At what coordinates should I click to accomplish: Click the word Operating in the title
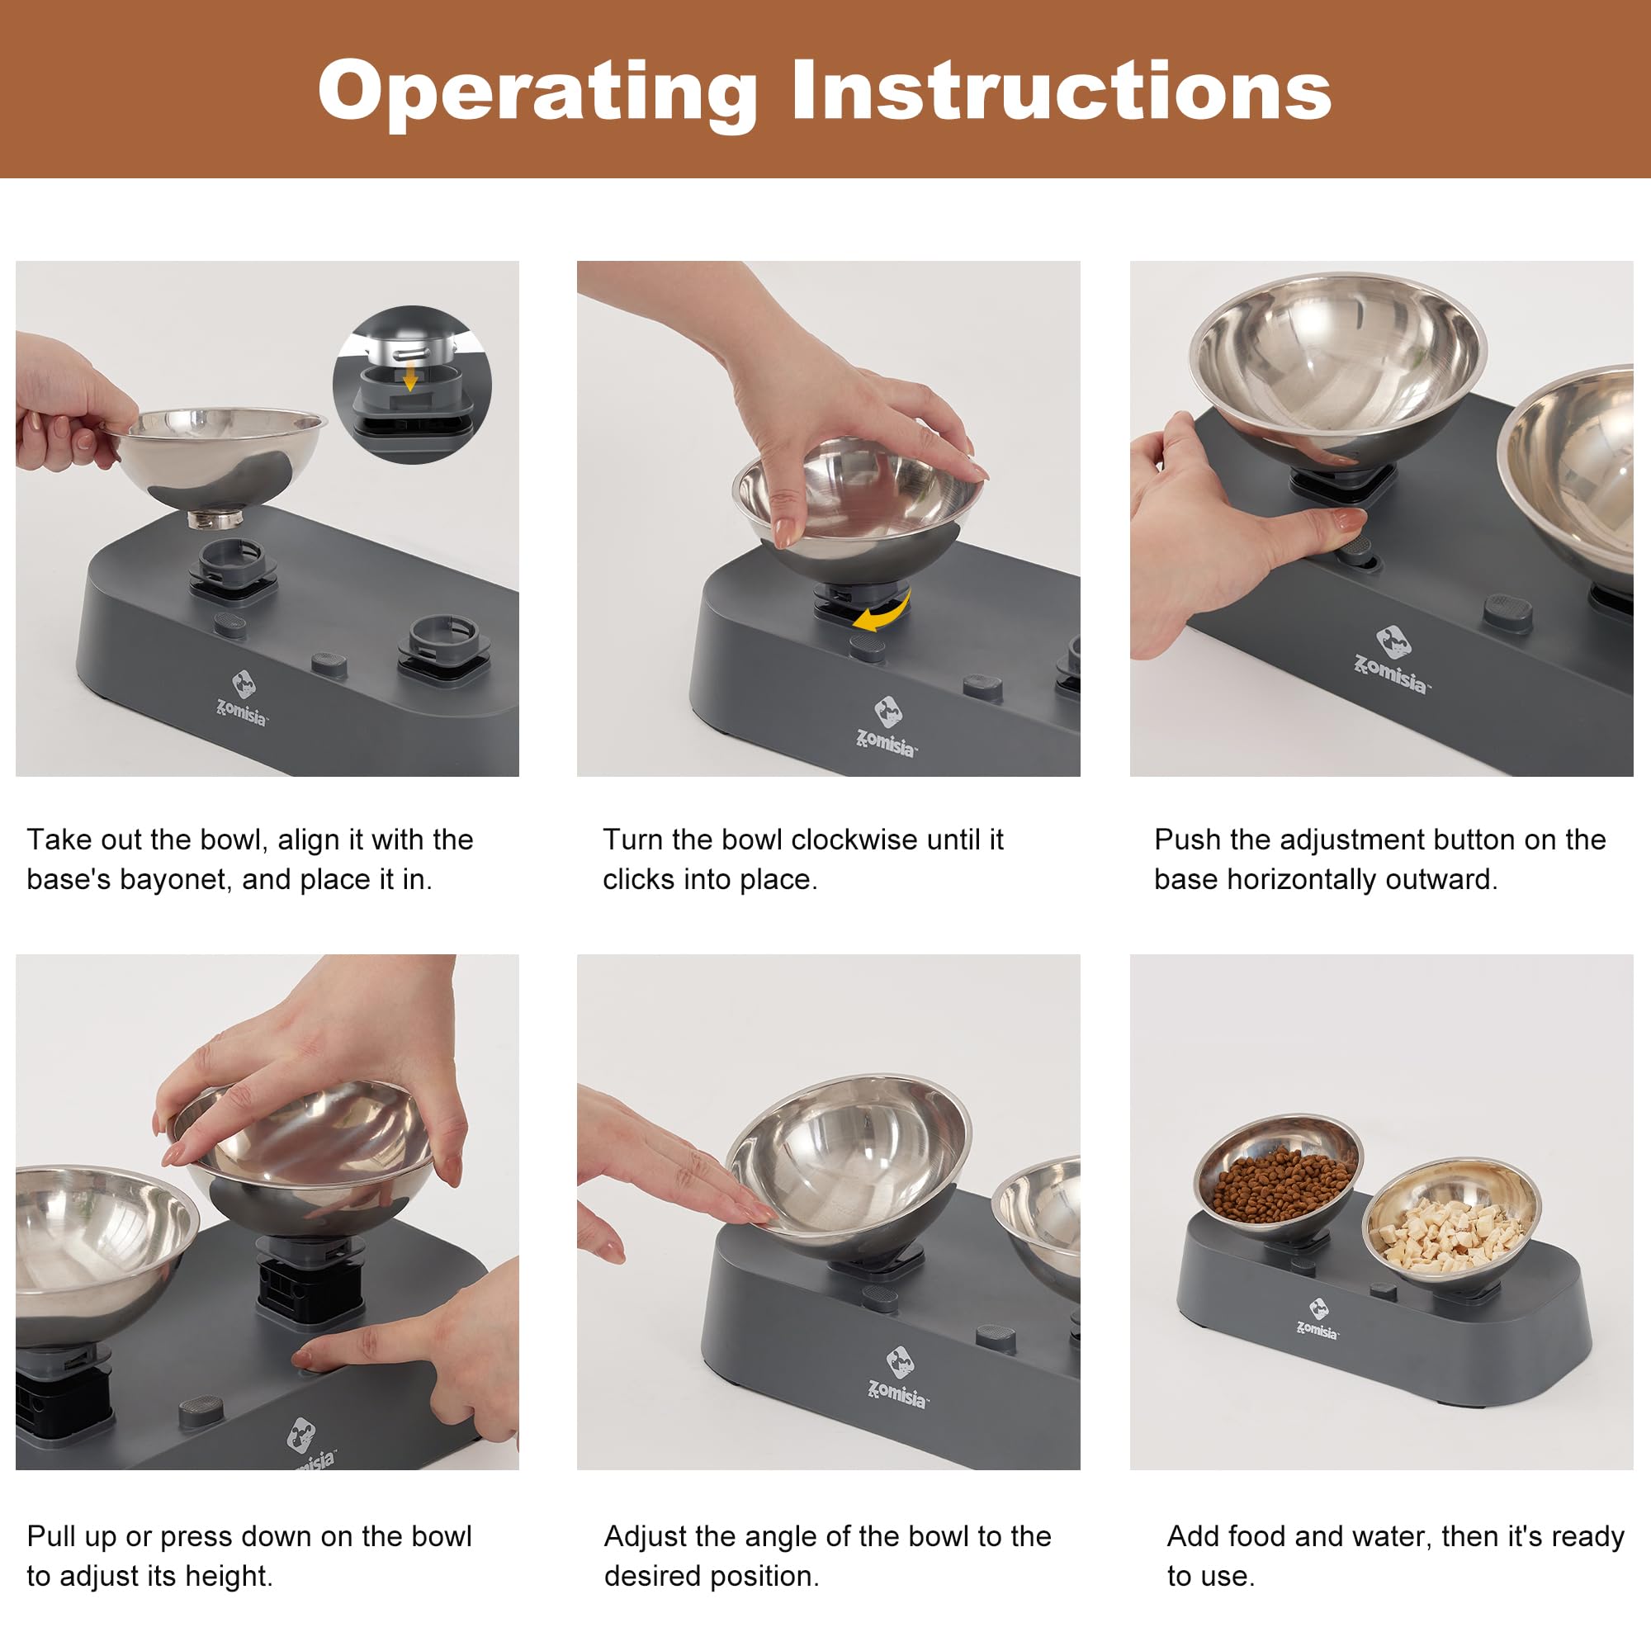[x=537, y=92]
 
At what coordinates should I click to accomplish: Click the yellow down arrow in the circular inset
[x=410, y=376]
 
